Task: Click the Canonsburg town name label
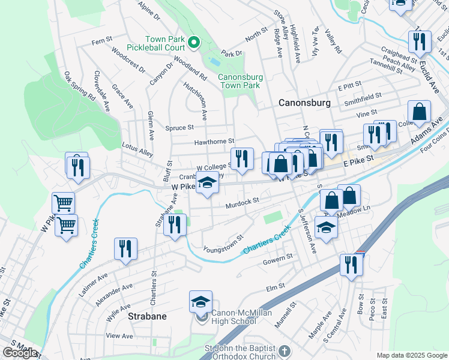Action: (x=304, y=103)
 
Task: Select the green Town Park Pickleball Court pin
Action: (x=194, y=42)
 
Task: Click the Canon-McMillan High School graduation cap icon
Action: (x=201, y=302)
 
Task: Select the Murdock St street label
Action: (x=242, y=204)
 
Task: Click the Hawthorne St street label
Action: (x=214, y=142)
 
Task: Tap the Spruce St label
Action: (x=179, y=127)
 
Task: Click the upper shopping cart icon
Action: (x=63, y=203)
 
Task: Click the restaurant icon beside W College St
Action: (x=242, y=158)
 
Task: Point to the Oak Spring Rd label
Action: (x=80, y=87)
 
